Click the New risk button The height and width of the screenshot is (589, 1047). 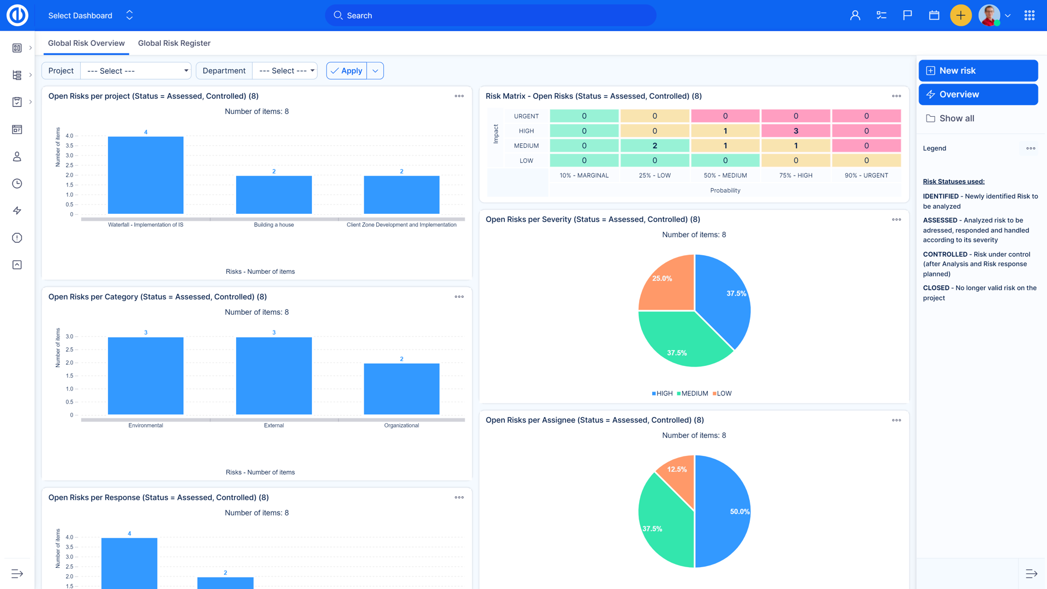(x=978, y=71)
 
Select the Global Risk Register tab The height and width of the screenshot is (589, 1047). (x=174, y=43)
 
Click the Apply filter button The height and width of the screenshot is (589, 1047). (x=347, y=71)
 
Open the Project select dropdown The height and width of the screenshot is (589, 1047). (x=136, y=71)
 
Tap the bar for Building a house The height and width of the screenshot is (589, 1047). (x=274, y=195)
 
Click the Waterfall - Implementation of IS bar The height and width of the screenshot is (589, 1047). (x=146, y=175)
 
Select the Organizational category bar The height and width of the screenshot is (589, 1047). (x=401, y=389)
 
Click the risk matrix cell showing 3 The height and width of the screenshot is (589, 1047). (x=796, y=131)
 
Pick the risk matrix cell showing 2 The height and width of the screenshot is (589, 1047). (x=654, y=146)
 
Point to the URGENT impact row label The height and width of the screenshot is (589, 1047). (x=526, y=116)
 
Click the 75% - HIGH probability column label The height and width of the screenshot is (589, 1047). (x=796, y=176)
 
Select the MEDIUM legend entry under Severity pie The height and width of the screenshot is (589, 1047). (x=693, y=393)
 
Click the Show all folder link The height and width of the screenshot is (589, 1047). (x=956, y=118)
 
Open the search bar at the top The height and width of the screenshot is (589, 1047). (x=491, y=15)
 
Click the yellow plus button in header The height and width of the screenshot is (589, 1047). (x=960, y=15)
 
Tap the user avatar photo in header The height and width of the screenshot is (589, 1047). (x=989, y=15)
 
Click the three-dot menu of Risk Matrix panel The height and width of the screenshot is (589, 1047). (x=896, y=96)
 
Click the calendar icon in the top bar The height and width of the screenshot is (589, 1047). (x=934, y=15)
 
